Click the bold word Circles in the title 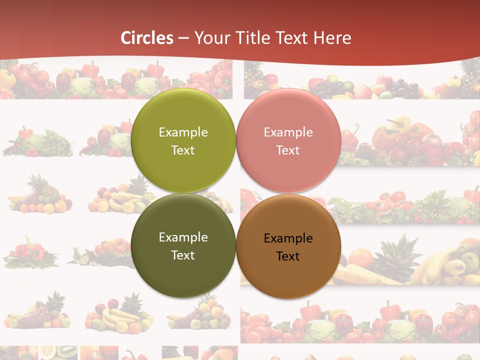pos(147,38)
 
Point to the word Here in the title pos(332,38)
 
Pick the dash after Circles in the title pos(183,38)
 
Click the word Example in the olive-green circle pos(183,132)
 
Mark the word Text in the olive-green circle pos(183,150)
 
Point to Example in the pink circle pos(288,132)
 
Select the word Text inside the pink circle pos(288,150)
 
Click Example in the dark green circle pos(183,237)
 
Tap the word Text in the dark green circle pos(183,255)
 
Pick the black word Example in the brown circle pos(288,238)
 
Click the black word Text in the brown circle pos(288,256)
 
